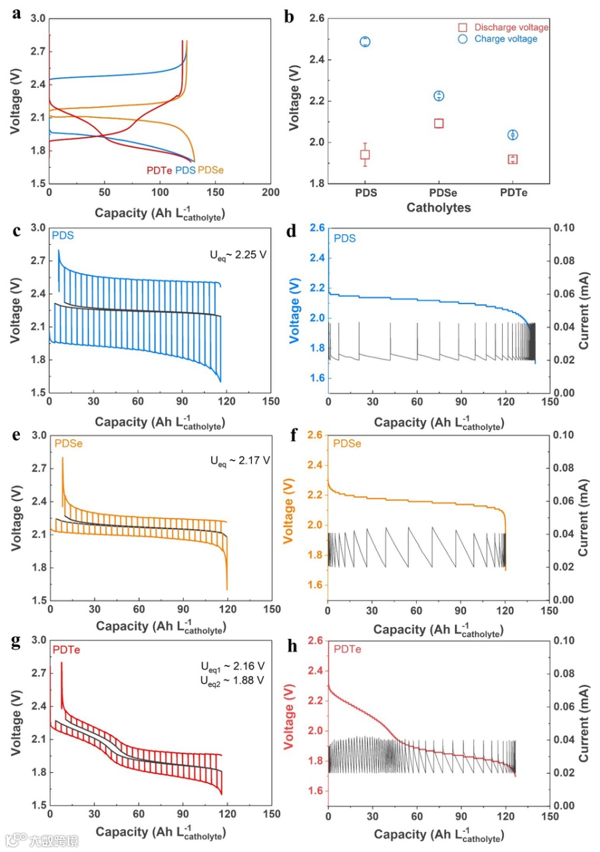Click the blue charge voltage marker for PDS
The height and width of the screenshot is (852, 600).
coord(365,41)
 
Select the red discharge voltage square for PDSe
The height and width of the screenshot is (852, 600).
coord(439,123)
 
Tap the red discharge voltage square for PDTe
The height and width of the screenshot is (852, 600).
coord(512,159)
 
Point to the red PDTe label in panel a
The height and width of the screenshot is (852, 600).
coord(159,170)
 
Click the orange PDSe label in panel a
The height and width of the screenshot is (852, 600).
coord(211,170)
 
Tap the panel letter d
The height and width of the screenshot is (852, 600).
coord(291,233)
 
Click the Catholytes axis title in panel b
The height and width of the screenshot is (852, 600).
coord(439,208)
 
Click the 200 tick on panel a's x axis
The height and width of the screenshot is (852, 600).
coord(270,193)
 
